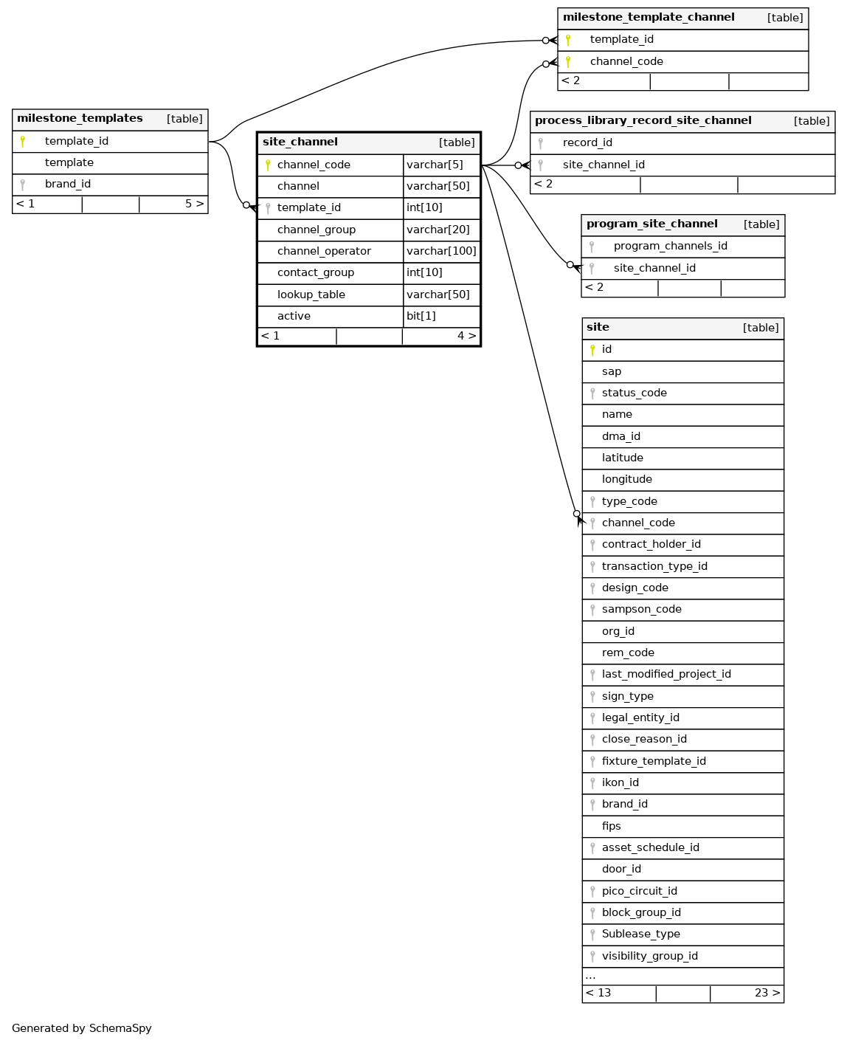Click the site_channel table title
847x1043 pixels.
coord(300,142)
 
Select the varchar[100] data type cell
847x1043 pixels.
coord(441,251)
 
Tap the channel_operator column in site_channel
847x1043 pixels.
coord(324,251)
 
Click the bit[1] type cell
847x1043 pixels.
coord(421,316)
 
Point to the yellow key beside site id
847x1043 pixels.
coord(592,350)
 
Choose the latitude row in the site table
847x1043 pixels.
coord(623,458)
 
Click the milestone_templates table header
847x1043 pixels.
coord(80,119)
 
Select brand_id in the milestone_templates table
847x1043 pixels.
coord(68,184)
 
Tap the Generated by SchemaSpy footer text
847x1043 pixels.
coord(82,1028)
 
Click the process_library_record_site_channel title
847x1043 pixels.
coord(643,121)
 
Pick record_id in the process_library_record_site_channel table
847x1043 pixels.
coord(587,142)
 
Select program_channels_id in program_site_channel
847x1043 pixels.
coord(670,246)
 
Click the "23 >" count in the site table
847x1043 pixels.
coord(767,993)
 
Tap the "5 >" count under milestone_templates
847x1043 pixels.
coord(194,204)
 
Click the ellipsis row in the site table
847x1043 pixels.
coord(591,976)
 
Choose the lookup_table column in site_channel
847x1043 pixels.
coord(311,295)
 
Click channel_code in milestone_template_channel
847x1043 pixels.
coord(626,61)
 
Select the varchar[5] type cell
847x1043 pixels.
coord(435,165)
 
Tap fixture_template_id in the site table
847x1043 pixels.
coord(654,761)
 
